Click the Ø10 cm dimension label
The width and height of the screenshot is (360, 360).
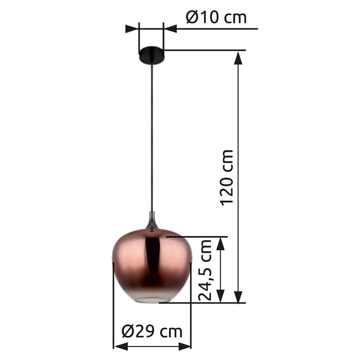(x=216, y=18)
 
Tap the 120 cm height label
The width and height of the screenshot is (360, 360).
(x=227, y=177)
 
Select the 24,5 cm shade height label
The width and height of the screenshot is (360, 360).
(x=206, y=270)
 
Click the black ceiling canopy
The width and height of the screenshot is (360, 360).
(x=151, y=55)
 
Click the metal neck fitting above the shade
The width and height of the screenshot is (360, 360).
(x=152, y=221)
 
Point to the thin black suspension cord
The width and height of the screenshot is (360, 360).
(x=152, y=135)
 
